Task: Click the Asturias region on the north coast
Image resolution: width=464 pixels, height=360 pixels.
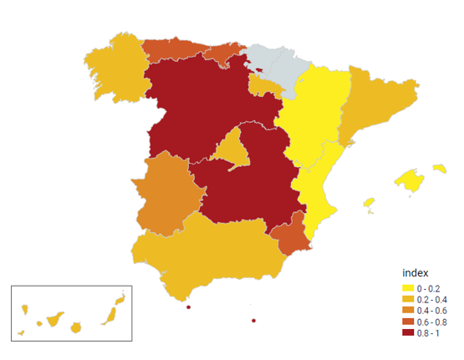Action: coord(171,48)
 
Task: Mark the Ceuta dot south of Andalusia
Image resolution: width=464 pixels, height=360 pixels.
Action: coord(189,307)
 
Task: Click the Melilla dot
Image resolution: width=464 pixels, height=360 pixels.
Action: coord(253,321)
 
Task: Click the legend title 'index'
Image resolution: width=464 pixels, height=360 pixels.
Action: coord(416,273)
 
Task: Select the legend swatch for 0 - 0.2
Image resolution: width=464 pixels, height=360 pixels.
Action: coord(407,287)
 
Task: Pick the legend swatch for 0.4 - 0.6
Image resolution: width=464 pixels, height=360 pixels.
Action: coord(407,310)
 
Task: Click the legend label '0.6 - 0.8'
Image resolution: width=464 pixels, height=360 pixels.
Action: coord(432,321)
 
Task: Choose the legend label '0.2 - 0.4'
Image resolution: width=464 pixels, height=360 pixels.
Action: coord(432,298)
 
